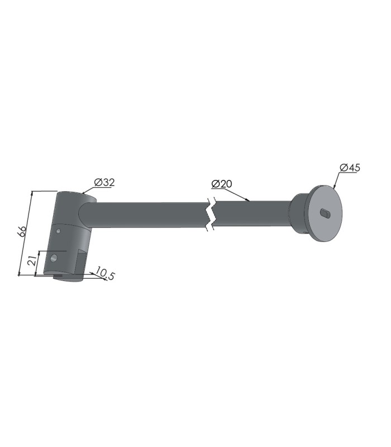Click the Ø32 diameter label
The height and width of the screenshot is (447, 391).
104,182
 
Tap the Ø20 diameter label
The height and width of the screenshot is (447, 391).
222,184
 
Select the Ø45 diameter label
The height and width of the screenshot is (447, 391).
350,168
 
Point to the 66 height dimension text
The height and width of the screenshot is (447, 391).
22,231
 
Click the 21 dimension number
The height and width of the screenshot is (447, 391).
33,261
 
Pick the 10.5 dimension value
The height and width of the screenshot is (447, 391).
104,273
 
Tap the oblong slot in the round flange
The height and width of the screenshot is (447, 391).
325,213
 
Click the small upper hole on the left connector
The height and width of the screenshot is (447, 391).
58,231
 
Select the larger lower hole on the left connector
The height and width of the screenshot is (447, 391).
54,258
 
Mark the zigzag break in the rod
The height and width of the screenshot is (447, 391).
211,214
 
